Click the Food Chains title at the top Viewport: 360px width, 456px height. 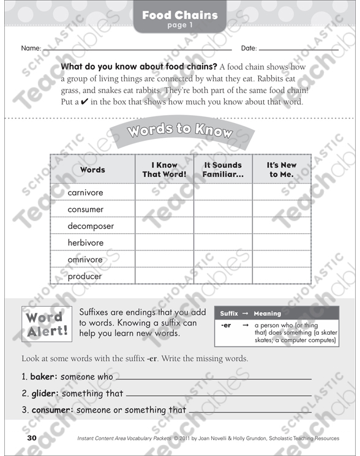(180, 15)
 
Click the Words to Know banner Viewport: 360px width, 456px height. (180, 131)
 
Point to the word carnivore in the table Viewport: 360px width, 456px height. (85, 193)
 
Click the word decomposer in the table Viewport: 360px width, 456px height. (91, 226)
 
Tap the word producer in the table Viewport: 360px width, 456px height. (84, 276)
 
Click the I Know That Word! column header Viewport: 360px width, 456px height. (164, 170)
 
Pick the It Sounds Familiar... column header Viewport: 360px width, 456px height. (223, 170)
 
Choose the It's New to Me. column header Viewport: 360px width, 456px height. (281, 170)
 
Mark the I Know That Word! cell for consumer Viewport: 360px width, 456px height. (164, 209)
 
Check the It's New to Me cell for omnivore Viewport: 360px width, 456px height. (281, 260)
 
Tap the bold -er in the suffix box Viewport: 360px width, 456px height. (226, 325)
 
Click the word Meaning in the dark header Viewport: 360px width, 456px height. (268, 313)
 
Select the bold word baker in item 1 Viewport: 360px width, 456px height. (43, 377)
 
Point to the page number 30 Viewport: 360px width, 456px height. (32, 438)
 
